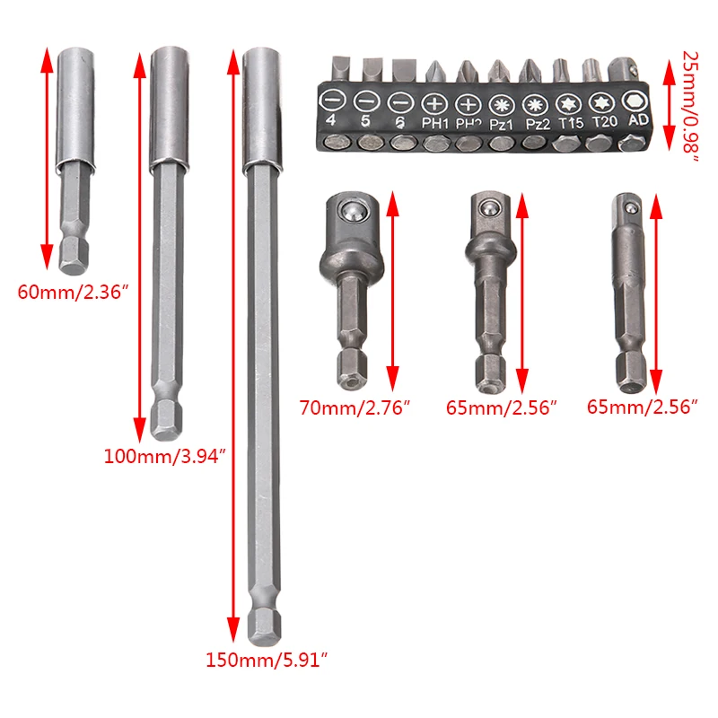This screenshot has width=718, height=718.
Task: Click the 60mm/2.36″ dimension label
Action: coord(74,292)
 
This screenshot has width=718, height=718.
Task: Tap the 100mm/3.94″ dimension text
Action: coord(165,456)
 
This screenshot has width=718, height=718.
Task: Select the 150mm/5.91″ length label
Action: coord(267,660)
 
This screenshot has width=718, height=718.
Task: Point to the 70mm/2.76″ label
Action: coord(355,407)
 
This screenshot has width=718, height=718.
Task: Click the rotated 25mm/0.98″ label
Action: coord(690,107)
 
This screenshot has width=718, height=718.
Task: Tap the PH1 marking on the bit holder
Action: coord(435,123)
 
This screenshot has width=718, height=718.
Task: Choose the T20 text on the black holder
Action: coord(604,122)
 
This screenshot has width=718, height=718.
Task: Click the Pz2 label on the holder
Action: coord(538,124)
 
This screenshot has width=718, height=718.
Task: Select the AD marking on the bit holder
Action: coord(638,120)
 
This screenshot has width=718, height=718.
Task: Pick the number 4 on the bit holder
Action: coord(330,120)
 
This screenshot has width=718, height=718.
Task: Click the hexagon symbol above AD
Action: coord(635,101)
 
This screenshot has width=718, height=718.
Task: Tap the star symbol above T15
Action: coord(568,104)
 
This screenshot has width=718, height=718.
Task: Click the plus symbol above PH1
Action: coord(434,104)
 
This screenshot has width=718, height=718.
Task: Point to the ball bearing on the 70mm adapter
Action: coord(351,212)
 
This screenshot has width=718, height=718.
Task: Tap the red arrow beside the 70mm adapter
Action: coord(393,291)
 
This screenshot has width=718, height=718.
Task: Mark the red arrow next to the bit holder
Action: coord(669,105)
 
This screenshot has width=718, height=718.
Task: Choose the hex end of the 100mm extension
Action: coord(166,421)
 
